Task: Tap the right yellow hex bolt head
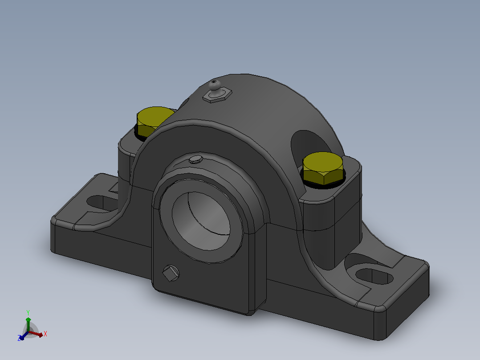pyautogui.click(x=323, y=168)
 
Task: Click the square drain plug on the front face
pyautogui.click(x=171, y=273)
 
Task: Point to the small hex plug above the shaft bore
pyautogui.click(x=196, y=160)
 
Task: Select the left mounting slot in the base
pyautogui.click(x=101, y=203)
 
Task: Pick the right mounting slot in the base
pyautogui.click(x=374, y=276)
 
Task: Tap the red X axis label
pyautogui.click(x=45, y=334)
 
